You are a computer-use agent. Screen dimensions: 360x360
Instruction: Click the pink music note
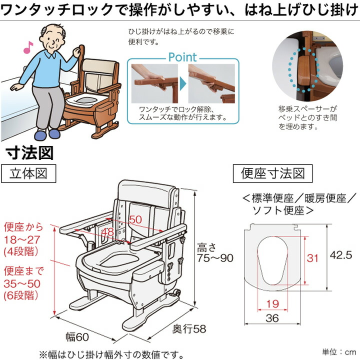point(27,47)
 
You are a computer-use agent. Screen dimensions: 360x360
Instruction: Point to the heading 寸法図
point(29,152)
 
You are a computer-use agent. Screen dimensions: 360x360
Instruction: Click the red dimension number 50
point(135,219)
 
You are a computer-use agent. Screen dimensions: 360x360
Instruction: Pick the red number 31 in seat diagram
point(312,258)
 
